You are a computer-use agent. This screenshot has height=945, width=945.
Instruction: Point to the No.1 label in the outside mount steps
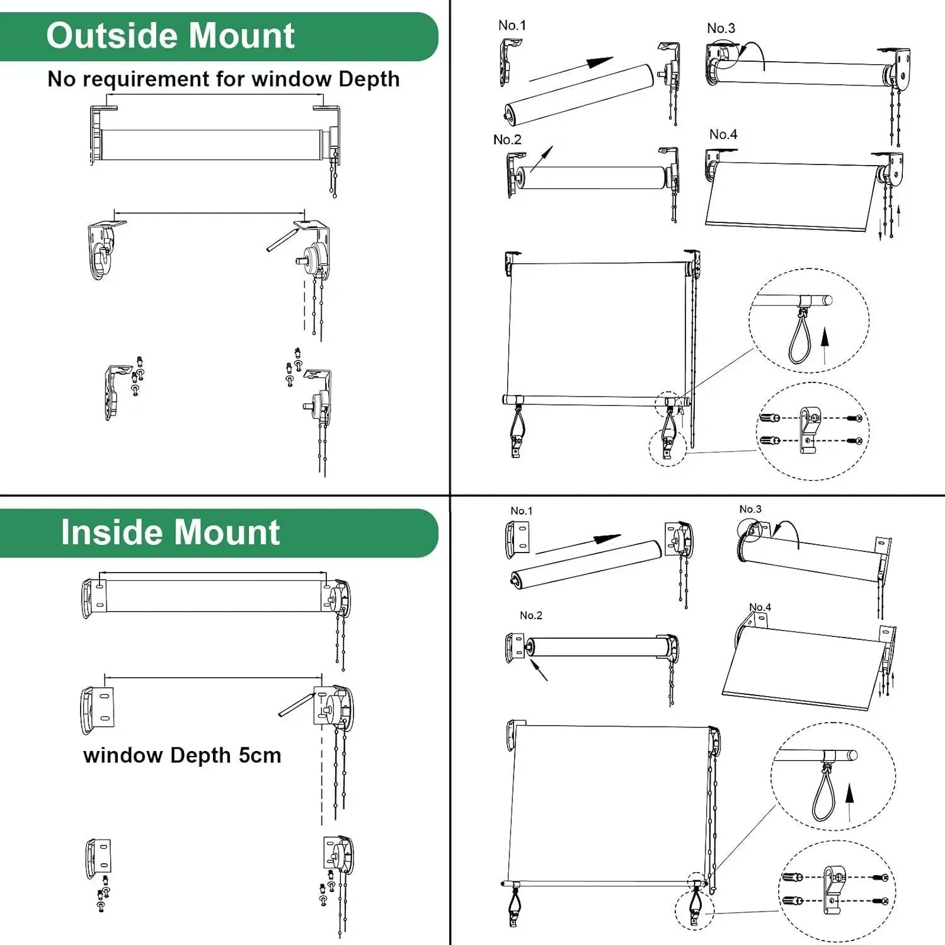click(x=512, y=25)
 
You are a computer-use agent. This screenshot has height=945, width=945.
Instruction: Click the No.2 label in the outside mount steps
click(x=507, y=139)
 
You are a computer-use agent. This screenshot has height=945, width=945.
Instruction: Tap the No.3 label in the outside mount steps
click(x=721, y=28)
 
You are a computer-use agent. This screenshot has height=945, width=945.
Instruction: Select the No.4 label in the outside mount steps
click(x=723, y=134)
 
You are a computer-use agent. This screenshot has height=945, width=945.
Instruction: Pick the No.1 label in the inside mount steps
click(x=521, y=511)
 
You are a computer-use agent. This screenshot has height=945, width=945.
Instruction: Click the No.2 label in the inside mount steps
click(x=530, y=616)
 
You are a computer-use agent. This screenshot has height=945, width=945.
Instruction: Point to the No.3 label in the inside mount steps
click(x=750, y=509)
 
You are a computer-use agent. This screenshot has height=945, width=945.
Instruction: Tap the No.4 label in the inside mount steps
click(x=760, y=607)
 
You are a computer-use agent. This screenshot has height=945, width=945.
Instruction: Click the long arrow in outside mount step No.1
click(x=570, y=69)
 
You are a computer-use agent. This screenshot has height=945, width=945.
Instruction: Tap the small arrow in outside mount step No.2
click(x=542, y=159)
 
